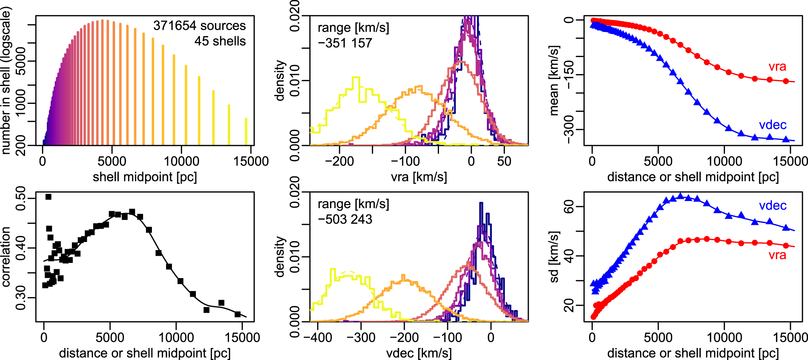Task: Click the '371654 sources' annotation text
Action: point(199,26)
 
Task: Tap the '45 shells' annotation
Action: point(220,41)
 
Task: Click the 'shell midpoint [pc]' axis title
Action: point(144,177)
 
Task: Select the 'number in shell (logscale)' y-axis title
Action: point(6,80)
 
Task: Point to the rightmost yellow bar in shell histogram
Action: point(246,131)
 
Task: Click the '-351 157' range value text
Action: point(345,43)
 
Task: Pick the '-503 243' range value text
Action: point(345,219)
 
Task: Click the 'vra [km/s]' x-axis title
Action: point(419,177)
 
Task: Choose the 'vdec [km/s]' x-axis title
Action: point(419,353)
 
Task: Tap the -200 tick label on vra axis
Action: point(338,162)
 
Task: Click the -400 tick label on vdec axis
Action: point(318,338)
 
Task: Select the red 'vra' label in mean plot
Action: point(777,67)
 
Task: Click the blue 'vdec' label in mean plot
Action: point(773,125)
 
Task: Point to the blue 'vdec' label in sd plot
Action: point(773,206)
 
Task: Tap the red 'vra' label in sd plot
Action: point(777,255)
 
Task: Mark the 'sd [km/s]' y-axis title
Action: point(554,257)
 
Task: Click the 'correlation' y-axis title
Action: point(6,257)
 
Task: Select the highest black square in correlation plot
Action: point(48,197)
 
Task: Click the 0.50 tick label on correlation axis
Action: point(21,198)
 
